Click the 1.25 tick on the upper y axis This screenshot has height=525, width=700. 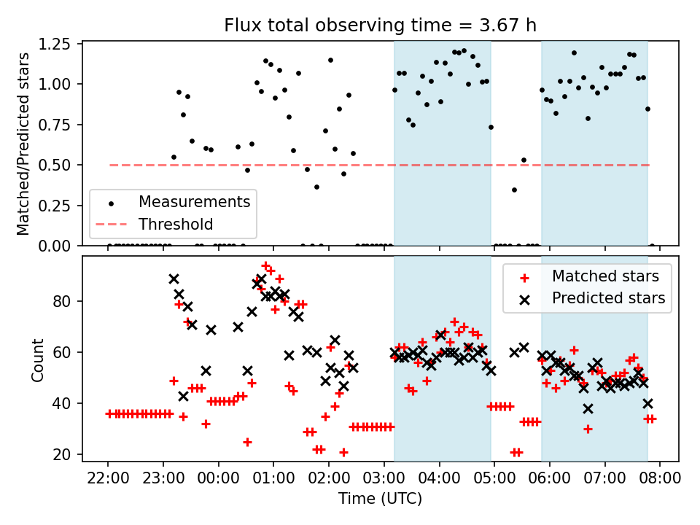click(56, 44)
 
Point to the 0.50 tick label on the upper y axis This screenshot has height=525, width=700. click(56, 165)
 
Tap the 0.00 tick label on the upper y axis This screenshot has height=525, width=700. click(56, 246)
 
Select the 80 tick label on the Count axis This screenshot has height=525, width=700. click(63, 301)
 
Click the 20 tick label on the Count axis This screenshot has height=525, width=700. click(63, 454)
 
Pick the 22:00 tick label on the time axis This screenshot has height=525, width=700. click(108, 479)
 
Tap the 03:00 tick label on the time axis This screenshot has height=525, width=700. click(384, 479)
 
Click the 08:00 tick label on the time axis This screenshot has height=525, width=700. click(660, 479)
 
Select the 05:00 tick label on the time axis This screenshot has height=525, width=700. click(494, 479)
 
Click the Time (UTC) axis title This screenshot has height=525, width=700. click(380, 499)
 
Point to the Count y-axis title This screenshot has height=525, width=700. click(38, 359)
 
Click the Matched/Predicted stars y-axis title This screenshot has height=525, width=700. click(24, 144)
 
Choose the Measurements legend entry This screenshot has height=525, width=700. click(194, 201)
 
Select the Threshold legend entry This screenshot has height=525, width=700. click(176, 224)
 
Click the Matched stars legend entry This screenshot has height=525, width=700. click(605, 276)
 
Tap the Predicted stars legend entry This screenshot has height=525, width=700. click(608, 297)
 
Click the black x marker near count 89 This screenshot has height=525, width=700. click(174, 279)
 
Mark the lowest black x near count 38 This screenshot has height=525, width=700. click(588, 408)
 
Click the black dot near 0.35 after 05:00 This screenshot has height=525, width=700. click(514, 190)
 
